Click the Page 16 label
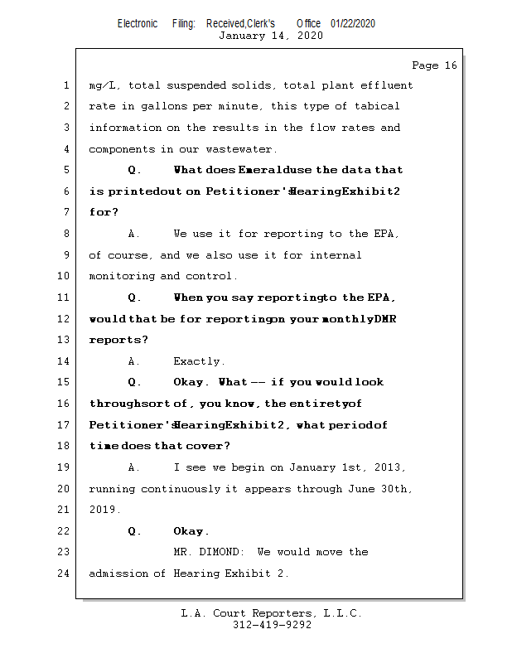click(434, 65)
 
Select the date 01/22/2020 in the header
click(353, 23)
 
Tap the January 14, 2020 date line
click(271, 36)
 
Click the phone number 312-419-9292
click(272, 625)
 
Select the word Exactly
click(199, 361)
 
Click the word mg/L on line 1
click(104, 85)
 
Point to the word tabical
click(377, 106)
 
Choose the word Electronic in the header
click(138, 23)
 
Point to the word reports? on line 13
click(119, 340)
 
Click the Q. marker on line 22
click(134, 531)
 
